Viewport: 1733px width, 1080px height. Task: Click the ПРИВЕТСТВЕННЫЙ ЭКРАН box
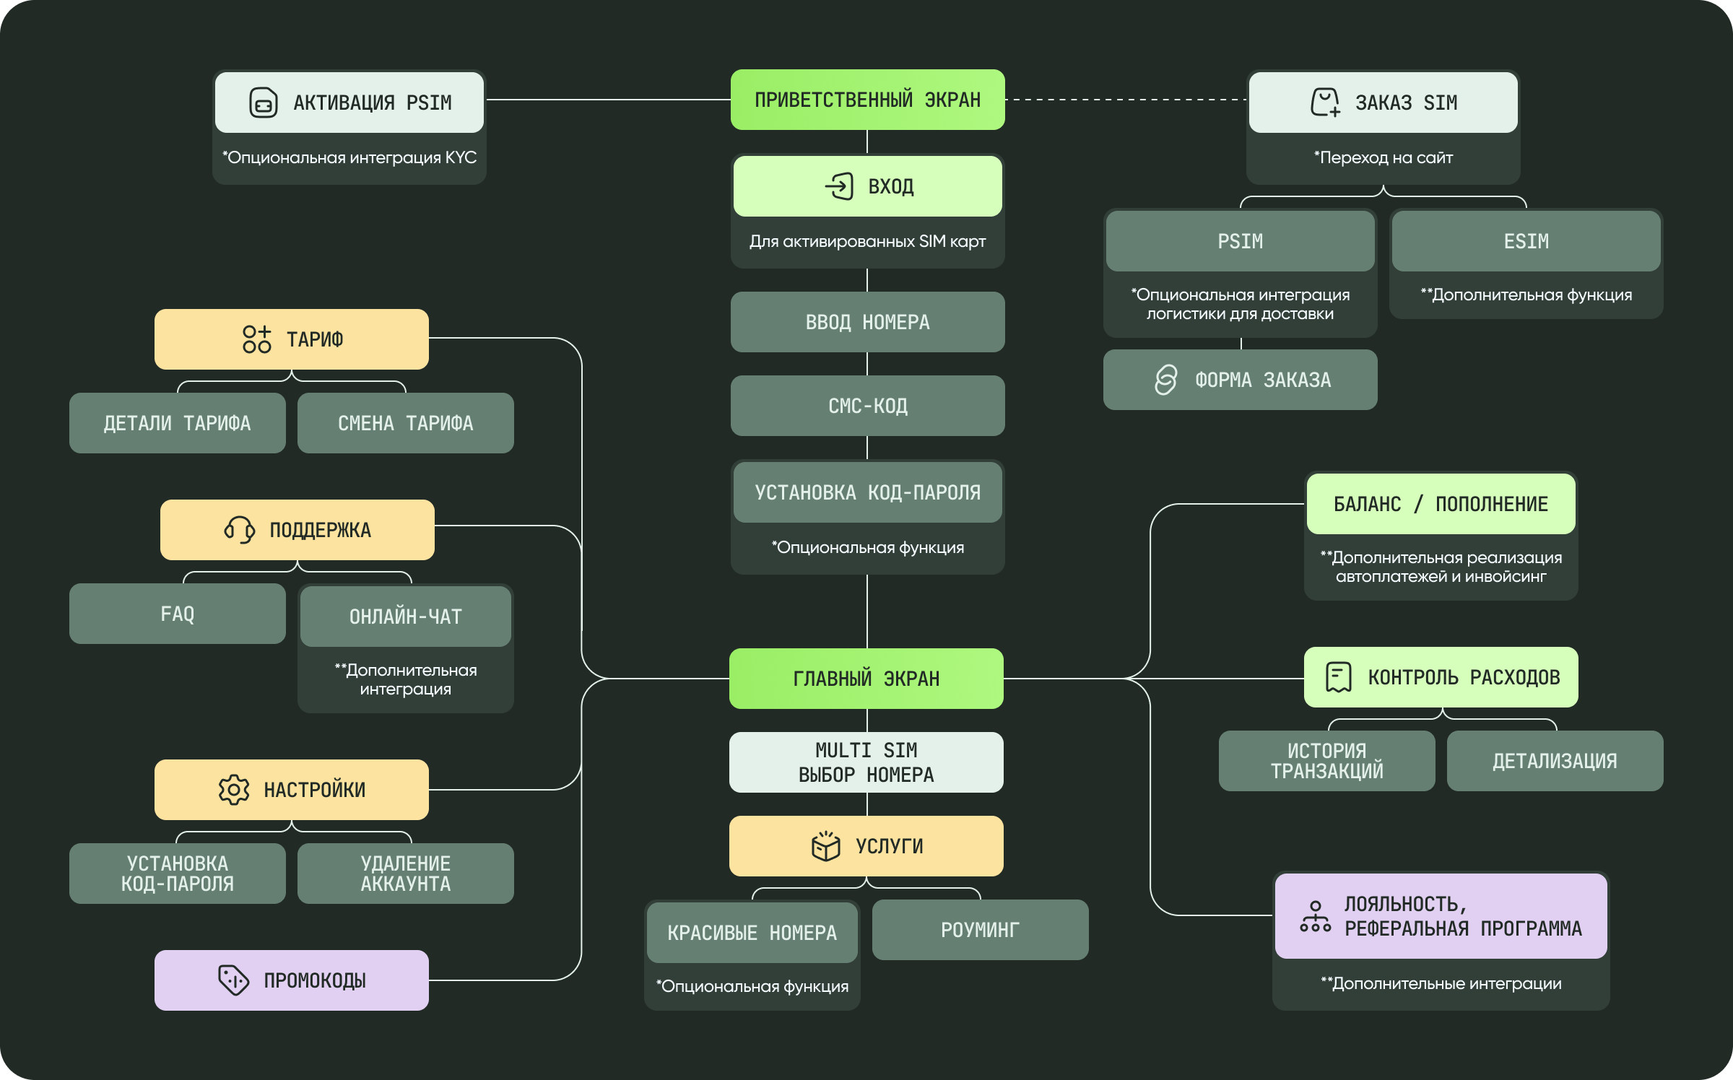867,100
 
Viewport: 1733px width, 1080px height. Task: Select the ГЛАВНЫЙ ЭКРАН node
866,679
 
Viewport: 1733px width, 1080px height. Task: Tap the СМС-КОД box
867,406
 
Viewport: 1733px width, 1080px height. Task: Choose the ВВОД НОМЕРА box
867,322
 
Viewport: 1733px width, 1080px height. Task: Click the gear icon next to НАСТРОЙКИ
234,790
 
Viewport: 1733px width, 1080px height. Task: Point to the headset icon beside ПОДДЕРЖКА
239,530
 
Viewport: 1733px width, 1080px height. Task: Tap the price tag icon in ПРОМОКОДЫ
233,980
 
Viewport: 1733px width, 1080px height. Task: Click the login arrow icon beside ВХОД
839,186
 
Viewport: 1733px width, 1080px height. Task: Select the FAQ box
178,614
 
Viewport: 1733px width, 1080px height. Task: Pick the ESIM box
1526,241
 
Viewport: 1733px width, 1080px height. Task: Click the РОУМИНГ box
981,930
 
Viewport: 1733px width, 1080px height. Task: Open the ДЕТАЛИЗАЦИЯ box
1555,761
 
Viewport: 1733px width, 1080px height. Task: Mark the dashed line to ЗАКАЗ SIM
1126,100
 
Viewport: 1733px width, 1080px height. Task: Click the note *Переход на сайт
1384,157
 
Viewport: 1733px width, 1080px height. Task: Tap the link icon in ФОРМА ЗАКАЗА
1165,380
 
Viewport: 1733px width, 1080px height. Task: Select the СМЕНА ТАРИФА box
406,423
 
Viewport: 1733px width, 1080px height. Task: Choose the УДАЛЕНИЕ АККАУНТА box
406,874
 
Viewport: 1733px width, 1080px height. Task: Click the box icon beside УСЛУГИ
826,845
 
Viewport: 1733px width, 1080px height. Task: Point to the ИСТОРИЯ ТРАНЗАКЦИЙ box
1327,761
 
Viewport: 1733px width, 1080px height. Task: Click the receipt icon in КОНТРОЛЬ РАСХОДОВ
1339,677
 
